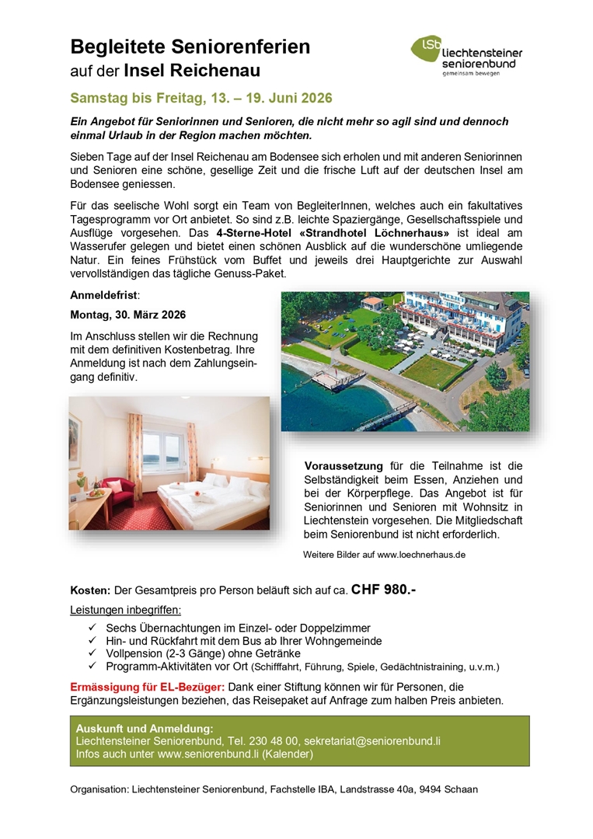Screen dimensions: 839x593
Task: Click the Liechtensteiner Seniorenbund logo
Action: click(466, 55)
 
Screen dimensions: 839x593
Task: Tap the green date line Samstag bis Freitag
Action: click(201, 99)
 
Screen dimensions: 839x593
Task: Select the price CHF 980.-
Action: click(383, 589)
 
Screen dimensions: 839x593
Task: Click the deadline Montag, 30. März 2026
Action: click(128, 315)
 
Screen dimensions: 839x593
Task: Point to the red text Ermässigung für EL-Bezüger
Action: click(148, 687)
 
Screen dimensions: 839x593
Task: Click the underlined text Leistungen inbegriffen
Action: click(125, 610)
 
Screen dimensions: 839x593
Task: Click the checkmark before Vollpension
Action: click(93, 654)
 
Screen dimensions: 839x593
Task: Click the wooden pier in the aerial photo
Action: click(341, 378)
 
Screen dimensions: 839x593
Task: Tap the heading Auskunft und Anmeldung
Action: click(145, 729)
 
